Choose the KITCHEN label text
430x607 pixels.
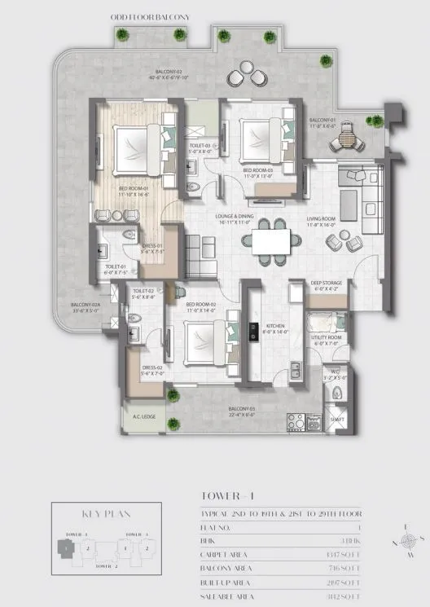pyautogui.click(x=276, y=327)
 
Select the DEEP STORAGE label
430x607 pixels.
pyautogui.click(x=328, y=284)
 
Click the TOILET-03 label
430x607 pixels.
pyautogui.click(x=200, y=147)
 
